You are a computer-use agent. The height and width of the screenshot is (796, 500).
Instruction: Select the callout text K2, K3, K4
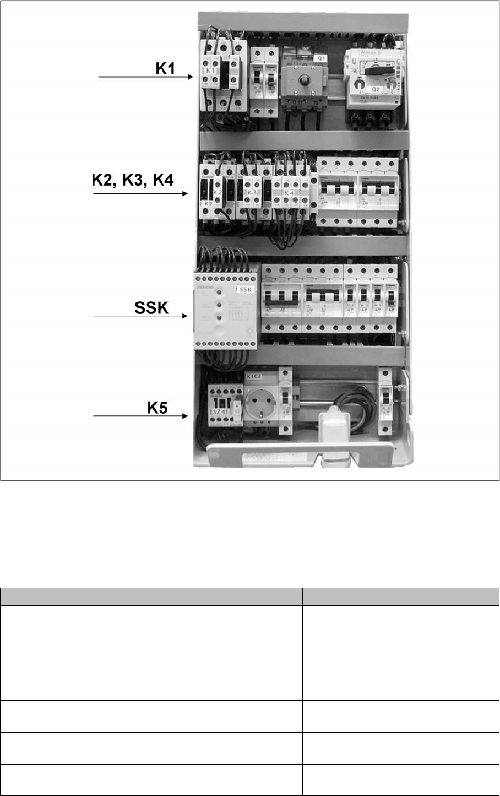132,181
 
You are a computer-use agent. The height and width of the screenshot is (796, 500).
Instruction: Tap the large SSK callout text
151,307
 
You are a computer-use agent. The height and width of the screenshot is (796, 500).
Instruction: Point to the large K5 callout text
157,408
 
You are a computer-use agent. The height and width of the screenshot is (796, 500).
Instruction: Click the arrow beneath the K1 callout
146,77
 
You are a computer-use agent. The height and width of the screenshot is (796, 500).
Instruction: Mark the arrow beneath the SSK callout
141,316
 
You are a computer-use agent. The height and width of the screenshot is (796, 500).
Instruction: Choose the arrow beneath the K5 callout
141,416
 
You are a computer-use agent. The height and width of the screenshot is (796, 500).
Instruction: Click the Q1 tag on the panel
320,58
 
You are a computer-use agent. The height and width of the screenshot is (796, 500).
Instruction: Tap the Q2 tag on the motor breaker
376,89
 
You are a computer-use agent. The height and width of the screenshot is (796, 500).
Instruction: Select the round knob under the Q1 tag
301,80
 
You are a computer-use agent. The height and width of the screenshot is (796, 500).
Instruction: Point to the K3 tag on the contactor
252,192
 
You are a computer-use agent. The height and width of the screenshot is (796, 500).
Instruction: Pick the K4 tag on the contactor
288,193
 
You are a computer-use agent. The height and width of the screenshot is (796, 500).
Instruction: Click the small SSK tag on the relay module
244,289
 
